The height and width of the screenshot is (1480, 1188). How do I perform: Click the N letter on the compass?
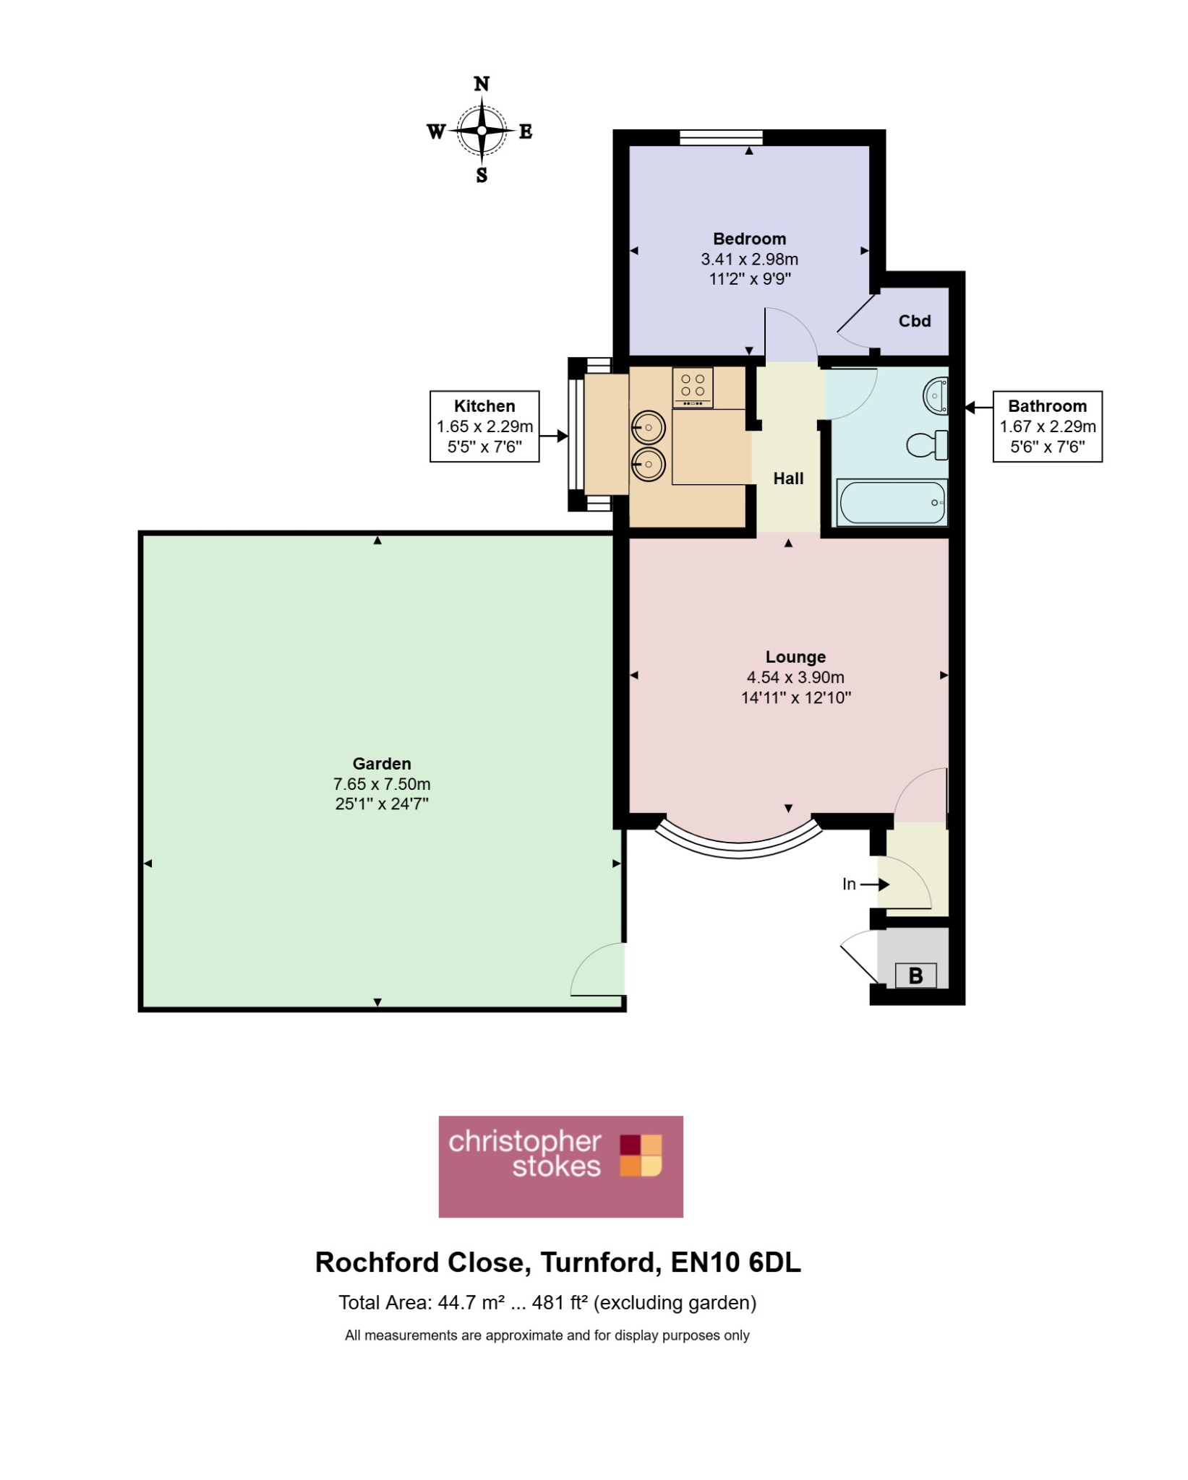click(x=482, y=84)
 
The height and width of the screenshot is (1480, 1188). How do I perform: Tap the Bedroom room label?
click(x=749, y=239)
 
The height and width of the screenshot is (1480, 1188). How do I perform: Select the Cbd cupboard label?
click(x=915, y=321)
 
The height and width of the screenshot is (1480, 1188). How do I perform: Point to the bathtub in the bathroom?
click(x=892, y=502)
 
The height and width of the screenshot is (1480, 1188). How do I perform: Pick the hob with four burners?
click(x=693, y=387)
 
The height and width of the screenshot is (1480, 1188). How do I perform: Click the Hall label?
click(x=788, y=478)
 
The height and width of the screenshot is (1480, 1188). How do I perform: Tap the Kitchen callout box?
click(x=484, y=426)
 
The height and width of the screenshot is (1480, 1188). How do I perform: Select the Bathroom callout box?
click(x=1048, y=426)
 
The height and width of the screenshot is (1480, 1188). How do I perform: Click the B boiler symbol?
click(x=915, y=976)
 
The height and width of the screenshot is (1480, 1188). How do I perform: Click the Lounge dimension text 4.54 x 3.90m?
click(x=795, y=678)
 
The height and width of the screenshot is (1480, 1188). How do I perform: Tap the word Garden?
click(x=382, y=764)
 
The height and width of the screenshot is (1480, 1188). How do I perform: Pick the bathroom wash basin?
click(x=936, y=395)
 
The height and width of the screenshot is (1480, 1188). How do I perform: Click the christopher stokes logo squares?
click(x=641, y=1155)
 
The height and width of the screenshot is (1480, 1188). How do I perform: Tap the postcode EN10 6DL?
click(x=736, y=1262)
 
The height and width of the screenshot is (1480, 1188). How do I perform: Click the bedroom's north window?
click(x=722, y=137)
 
